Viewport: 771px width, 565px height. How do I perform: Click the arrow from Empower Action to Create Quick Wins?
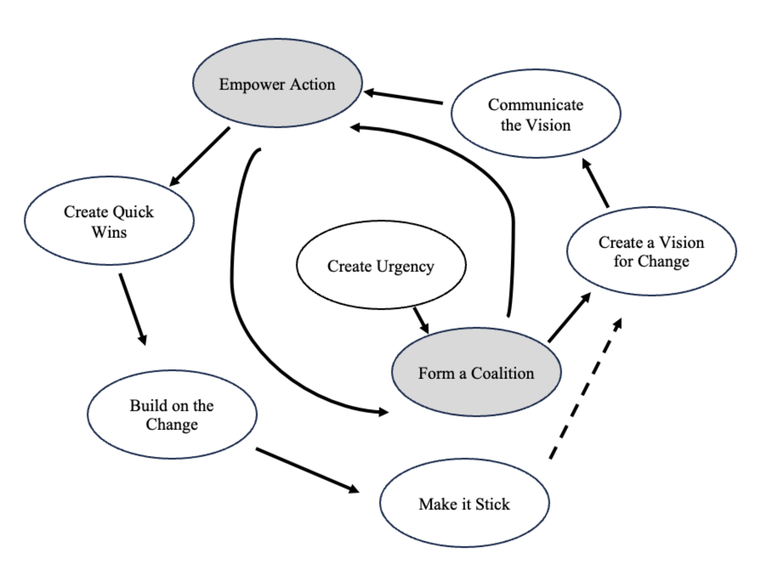[199, 157]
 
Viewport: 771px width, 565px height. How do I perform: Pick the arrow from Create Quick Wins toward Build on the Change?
[133, 308]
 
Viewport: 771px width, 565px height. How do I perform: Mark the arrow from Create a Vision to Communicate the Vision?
[596, 183]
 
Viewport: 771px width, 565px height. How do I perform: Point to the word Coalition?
[502, 373]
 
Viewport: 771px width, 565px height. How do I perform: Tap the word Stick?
[492, 504]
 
